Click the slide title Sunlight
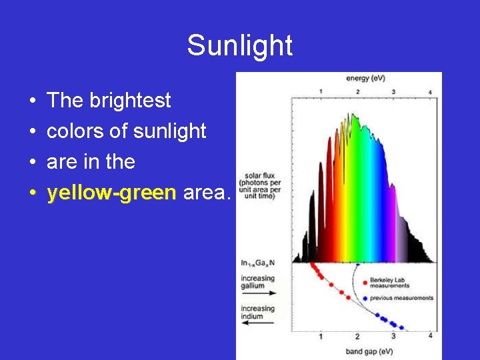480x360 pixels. pos(239,45)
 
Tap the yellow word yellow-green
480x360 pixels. pos(111,193)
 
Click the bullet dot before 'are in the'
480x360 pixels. pos(33,163)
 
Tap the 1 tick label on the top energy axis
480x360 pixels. pos(321,91)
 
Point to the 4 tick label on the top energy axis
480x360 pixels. pos(430,91)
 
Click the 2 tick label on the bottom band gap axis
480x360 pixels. pos(357,337)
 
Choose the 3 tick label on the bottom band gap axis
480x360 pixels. pos(393,337)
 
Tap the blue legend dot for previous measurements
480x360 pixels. pos(364,298)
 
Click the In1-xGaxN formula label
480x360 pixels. pos(257,263)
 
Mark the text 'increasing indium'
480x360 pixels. pos(258,312)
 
